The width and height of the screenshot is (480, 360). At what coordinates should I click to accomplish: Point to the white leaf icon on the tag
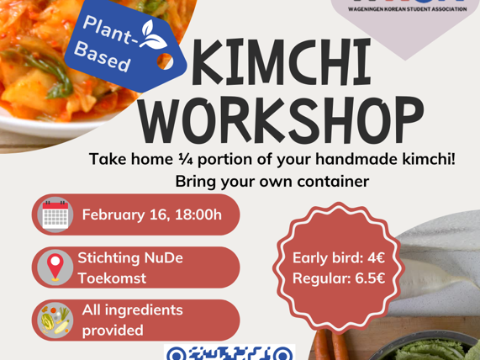pos(152,34)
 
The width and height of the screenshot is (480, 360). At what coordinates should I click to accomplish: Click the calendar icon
pos(55,214)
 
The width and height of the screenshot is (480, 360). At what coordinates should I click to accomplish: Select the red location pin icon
pos(55,267)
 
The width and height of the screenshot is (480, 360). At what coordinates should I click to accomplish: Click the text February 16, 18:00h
pos(152,214)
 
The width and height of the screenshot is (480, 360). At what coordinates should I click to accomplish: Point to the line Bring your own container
pos(272,181)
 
